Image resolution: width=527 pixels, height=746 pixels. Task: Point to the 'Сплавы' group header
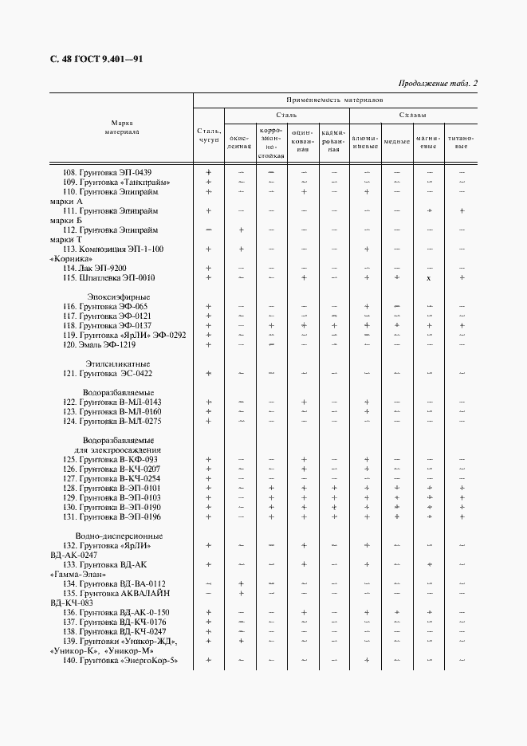[x=412, y=115]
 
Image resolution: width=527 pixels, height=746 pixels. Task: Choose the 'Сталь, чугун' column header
[x=208, y=135]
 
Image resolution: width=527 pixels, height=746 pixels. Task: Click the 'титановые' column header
[x=461, y=142]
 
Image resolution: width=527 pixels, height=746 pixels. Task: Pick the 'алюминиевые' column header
[x=365, y=142]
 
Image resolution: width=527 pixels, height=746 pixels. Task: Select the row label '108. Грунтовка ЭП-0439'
[x=107, y=172]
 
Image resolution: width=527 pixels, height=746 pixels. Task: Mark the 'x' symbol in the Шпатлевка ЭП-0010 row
[x=429, y=278]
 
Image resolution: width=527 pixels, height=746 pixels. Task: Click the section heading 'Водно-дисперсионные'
[x=119, y=536]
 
